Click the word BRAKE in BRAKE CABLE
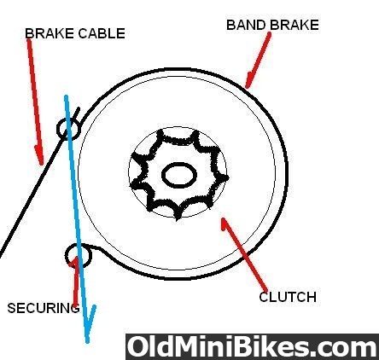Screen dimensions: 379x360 click(x=50, y=33)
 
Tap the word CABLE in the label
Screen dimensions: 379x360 click(x=102, y=33)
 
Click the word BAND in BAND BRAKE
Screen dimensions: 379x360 click(x=246, y=25)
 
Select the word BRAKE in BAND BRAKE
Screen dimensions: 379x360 click(x=294, y=25)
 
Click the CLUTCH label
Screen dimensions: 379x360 click(x=288, y=297)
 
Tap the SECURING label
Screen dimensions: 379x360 click(x=44, y=308)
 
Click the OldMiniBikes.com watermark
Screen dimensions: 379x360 click(x=252, y=347)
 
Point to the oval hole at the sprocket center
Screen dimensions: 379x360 click(x=179, y=175)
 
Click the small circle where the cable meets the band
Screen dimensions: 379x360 click(x=68, y=129)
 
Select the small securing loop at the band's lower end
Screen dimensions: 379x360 click(x=79, y=256)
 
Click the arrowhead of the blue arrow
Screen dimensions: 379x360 click(x=90, y=324)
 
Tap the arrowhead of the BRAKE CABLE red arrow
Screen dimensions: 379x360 click(x=40, y=155)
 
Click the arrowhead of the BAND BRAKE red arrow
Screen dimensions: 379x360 click(x=248, y=80)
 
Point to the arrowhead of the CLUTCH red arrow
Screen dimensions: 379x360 click(x=225, y=224)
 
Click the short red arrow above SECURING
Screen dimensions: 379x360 click(x=75, y=280)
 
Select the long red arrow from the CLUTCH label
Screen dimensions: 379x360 click(x=244, y=255)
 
